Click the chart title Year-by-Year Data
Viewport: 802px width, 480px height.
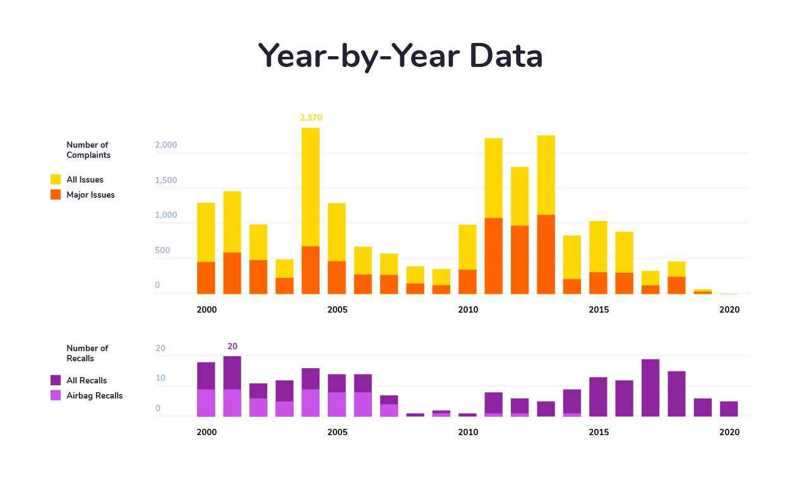click(x=400, y=56)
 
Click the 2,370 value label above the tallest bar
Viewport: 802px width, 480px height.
click(x=311, y=117)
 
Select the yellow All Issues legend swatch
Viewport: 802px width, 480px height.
click(x=56, y=179)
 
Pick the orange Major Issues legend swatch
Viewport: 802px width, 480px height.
click(x=56, y=195)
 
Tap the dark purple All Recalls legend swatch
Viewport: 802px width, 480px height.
click(x=56, y=380)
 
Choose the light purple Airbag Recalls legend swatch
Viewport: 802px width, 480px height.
click(x=56, y=395)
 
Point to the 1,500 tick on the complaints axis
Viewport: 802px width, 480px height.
click(x=167, y=181)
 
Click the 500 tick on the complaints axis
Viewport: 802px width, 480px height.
click(x=162, y=251)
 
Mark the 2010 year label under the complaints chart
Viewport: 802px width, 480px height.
click(x=468, y=310)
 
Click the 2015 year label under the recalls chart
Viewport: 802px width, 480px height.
click(x=599, y=433)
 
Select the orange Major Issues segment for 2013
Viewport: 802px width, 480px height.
click(x=546, y=255)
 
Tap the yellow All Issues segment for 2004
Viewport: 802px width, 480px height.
click(x=311, y=187)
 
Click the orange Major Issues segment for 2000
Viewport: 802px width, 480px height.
click(x=206, y=278)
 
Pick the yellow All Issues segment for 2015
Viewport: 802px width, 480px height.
click(x=598, y=246)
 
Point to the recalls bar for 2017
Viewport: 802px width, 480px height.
click(x=650, y=388)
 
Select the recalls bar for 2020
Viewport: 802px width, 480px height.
click(x=729, y=409)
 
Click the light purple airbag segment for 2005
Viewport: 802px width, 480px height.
click(x=337, y=404)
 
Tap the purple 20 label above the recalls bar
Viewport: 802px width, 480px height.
click(x=232, y=347)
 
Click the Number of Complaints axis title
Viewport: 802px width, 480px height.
click(x=88, y=150)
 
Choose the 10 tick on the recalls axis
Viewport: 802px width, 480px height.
click(x=160, y=378)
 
